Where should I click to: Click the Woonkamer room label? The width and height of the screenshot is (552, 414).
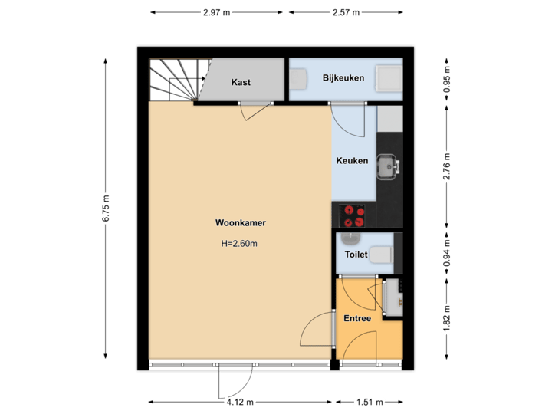click(241, 223)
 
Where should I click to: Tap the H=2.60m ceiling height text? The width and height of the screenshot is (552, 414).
click(241, 244)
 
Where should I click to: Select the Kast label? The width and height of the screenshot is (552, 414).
click(241, 83)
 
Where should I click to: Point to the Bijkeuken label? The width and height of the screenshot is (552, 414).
click(343, 78)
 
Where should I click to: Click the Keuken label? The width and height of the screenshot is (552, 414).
click(353, 161)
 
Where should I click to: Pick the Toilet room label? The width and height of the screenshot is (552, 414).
click(356, 255)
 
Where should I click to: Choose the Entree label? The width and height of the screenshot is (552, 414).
click(357, 318)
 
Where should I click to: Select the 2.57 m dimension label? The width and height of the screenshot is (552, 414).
click(346, 12)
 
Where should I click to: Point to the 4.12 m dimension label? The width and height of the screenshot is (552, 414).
click(240, 401)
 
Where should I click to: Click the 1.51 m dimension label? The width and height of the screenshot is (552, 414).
click(369, 401)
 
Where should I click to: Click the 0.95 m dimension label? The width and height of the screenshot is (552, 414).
click(448, 80)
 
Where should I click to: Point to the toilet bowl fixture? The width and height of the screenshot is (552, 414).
click(383, 255)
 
